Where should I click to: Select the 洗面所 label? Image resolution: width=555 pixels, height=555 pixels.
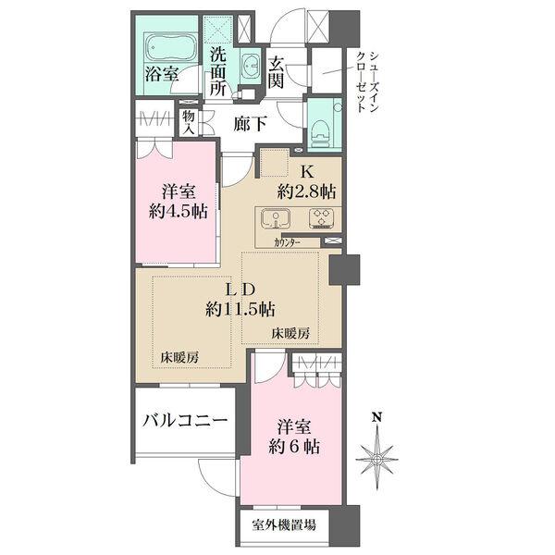point(217,71)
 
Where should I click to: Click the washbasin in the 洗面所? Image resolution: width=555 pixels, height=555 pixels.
point(251,65)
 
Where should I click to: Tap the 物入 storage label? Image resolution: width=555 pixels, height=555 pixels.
point(189,123)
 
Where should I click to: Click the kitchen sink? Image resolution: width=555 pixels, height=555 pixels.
point(276,220)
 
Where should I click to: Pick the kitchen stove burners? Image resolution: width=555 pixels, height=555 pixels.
point(321,220)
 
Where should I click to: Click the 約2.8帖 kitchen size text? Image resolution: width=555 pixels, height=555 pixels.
point(306,191)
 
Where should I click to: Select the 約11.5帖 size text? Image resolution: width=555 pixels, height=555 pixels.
point(243,309)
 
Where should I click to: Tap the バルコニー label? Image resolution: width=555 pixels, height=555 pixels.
point(184,421)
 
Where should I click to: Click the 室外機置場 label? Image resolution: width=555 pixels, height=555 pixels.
point(284,525)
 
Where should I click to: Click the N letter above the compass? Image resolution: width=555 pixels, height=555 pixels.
point(376,418)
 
